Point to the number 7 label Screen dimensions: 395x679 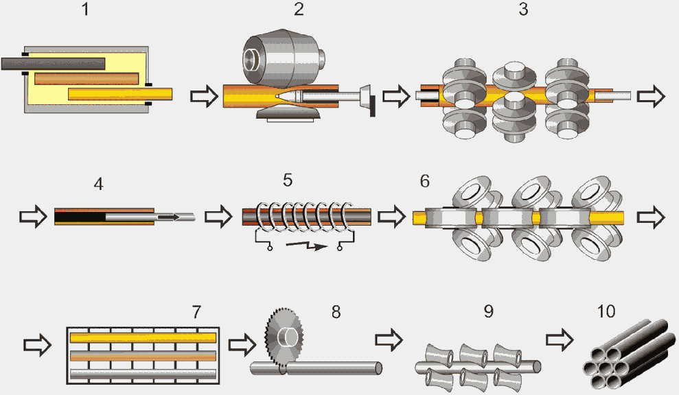197,312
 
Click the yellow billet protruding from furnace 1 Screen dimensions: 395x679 162,94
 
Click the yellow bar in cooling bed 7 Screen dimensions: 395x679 143,337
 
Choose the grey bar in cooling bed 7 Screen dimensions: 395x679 143,374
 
